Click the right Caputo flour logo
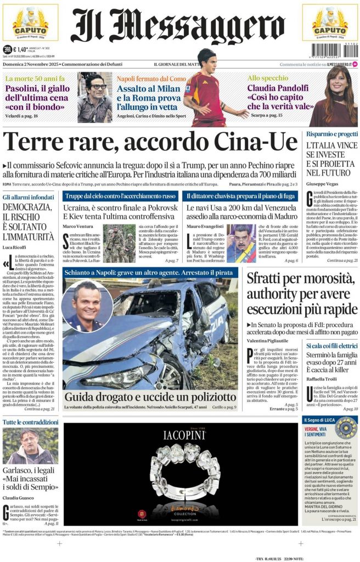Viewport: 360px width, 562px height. click(329, 25)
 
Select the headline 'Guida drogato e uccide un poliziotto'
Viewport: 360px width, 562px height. click(149, 397)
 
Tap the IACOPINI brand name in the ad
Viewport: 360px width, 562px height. click(184, 435)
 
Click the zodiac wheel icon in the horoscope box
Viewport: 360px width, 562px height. click(346, 428)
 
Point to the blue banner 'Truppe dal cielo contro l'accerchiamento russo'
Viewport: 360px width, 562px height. click(120, 196)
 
